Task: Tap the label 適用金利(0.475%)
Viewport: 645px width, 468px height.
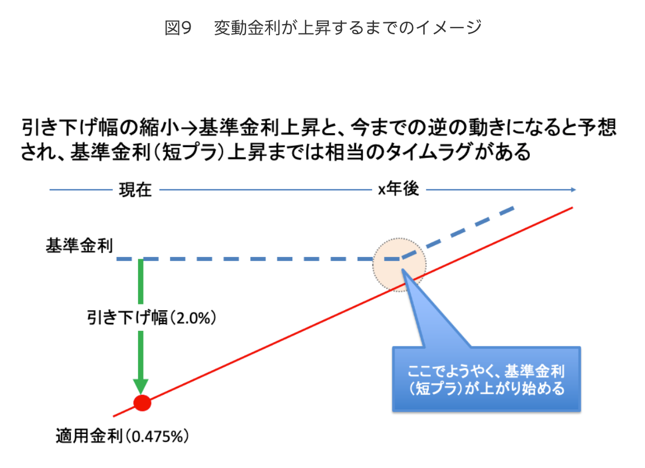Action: click(122, 436)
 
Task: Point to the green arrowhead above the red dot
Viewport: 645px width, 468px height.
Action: click(141, 386)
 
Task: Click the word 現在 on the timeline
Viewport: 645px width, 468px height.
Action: click(135, 190)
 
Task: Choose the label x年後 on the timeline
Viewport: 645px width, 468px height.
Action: click(398, 190)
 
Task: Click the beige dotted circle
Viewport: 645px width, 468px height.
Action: click(399, 264)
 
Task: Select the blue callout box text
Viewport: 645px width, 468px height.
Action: click(486, 380)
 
